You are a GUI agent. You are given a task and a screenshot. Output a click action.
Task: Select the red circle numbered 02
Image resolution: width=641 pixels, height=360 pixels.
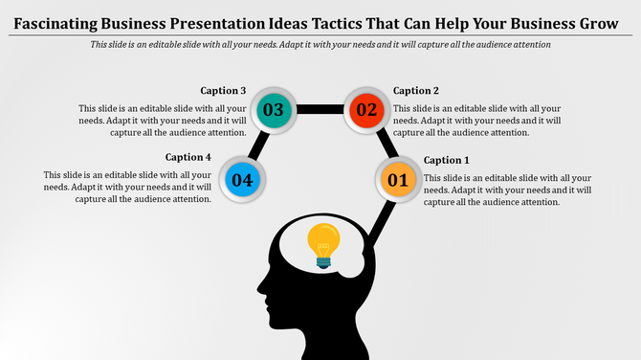367,110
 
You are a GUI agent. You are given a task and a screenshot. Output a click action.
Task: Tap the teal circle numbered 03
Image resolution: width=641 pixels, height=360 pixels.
273,110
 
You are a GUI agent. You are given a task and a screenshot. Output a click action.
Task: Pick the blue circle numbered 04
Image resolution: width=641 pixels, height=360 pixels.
242,179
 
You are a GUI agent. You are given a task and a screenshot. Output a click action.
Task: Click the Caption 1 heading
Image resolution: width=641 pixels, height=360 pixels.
447,160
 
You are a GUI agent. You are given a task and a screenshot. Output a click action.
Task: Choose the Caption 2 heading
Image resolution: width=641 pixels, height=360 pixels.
416,91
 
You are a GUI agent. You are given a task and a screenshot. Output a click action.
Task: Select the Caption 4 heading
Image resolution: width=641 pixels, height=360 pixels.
188,157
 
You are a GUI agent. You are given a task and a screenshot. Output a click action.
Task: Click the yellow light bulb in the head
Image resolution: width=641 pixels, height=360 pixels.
323,239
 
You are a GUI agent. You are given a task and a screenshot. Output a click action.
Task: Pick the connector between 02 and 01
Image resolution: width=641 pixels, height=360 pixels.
385,144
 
